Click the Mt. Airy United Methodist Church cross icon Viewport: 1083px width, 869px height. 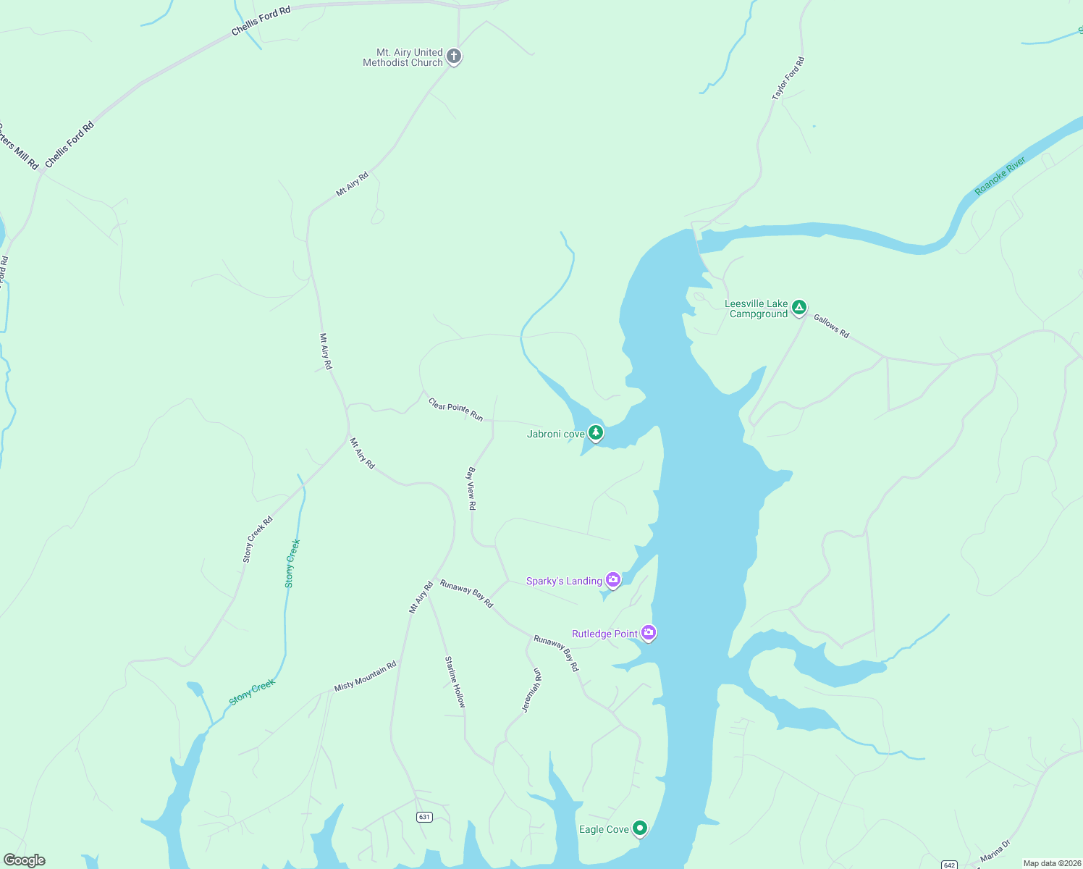[454, 56]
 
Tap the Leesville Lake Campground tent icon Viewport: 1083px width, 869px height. [798, 308]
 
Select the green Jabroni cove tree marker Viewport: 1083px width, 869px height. [595, 433]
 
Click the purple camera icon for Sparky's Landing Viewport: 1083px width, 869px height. [612, 580]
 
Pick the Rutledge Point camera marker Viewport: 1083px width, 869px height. [648, 633]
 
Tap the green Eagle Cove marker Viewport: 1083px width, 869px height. [639, 828]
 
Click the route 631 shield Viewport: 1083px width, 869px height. [424, 817]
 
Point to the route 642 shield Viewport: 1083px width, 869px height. [949, 865]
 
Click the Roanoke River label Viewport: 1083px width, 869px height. [1000, 176]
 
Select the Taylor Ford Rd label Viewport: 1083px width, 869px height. [788, 79]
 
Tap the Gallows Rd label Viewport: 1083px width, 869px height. [831, 326]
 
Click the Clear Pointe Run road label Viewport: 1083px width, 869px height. [455, 409]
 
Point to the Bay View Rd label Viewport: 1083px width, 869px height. [472, 489]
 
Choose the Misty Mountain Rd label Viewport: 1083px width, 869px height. [365, 676]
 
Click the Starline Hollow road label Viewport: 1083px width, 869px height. [455, 681]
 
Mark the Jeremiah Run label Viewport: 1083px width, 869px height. [532, 690]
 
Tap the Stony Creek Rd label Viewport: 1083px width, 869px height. [258, 540]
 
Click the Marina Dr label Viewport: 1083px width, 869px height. [995, 851]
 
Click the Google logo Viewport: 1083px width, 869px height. [25, 860]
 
